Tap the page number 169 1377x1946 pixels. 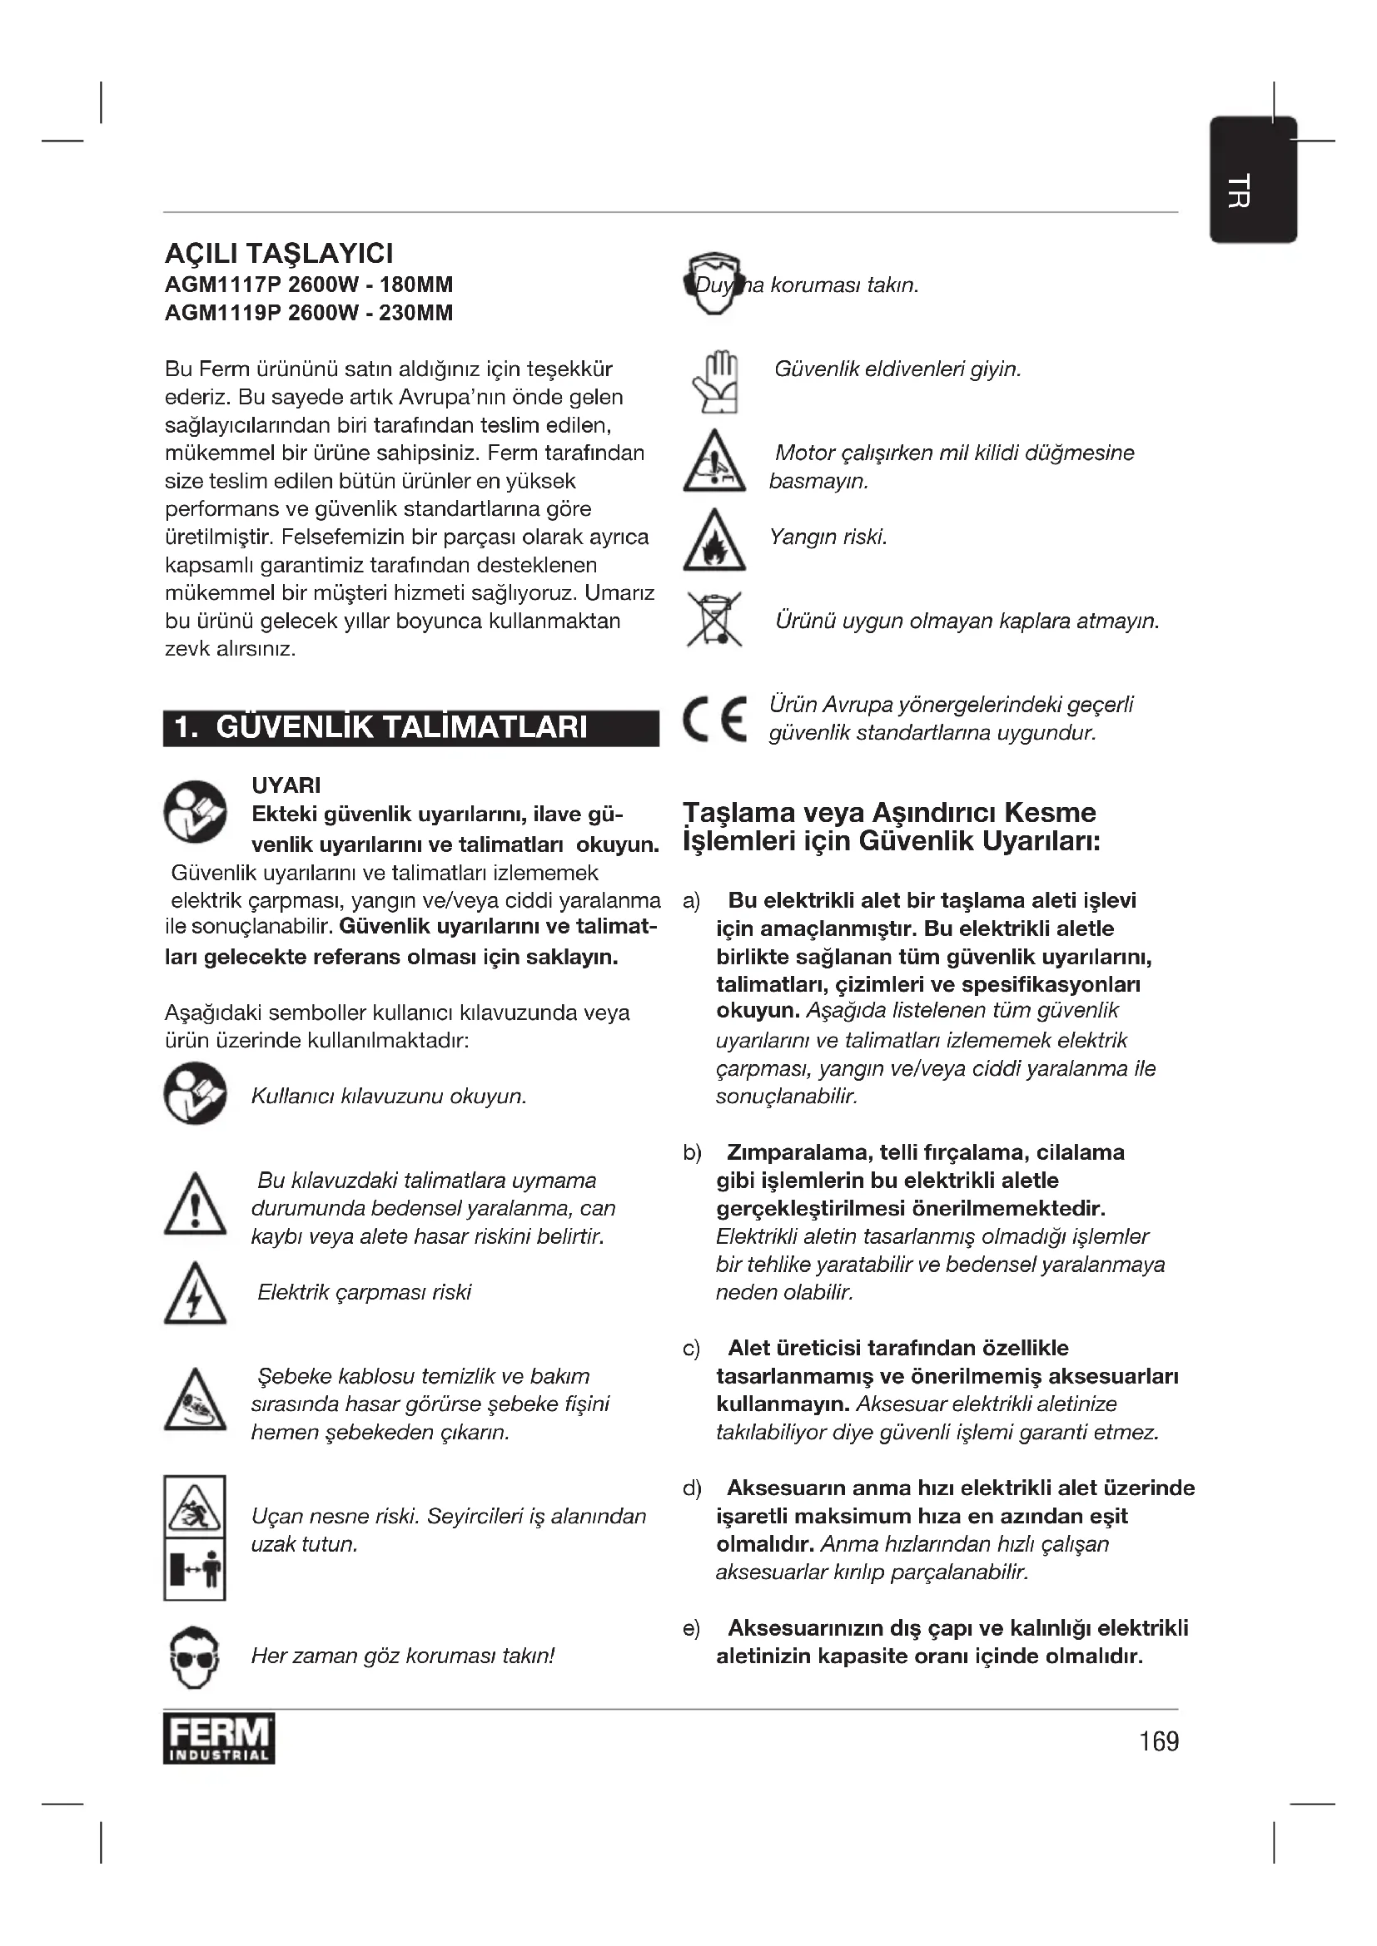(1158, 1741)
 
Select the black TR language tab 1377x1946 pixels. (1252, 181)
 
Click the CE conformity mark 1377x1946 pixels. (714, 720)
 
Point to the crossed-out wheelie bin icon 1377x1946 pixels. (714, 620)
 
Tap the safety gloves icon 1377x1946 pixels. (714, 382)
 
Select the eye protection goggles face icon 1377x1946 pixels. (194, 1656)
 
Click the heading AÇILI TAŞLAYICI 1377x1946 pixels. (279, 254)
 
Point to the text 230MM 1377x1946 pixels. (415, 313)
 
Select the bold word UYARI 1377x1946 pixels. (286, 785)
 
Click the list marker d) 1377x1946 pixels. (692, 1488)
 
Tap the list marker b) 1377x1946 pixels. (692, 1152)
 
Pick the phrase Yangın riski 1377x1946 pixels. (828, 537)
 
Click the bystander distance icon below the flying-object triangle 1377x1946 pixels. (194, 1571)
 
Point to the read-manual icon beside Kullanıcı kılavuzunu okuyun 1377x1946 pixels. (195, 1093)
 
